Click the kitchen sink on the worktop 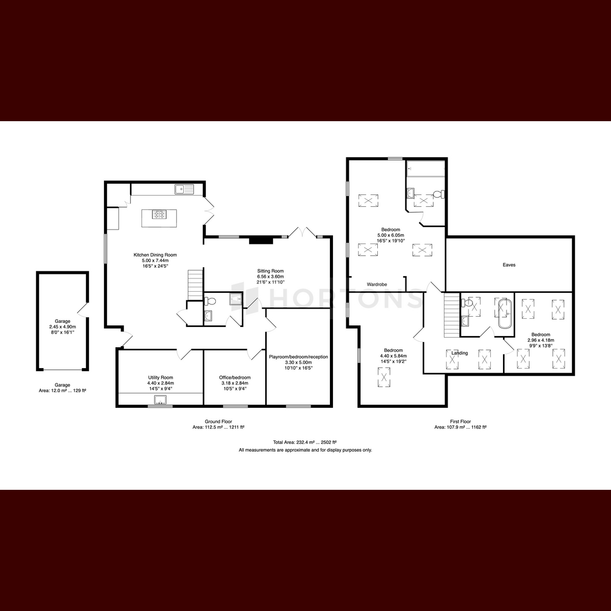184,189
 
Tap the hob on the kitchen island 159,215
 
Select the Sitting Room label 270,271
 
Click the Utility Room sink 160,400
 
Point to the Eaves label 509,265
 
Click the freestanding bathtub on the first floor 505,314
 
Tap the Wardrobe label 377,285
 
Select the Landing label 459,353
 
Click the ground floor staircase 196,285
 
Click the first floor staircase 452,316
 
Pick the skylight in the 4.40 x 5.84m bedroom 384,377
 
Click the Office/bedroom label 235,377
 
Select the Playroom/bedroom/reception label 298,357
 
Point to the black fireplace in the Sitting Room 261,240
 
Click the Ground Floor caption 218,422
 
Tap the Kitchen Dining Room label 155,255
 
